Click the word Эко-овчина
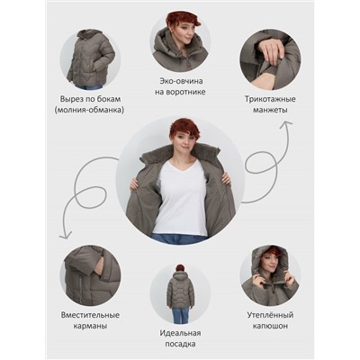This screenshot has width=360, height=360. click(181, 81)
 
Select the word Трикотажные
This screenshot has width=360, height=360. click(270, 99)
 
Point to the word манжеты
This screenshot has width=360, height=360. click(270, 110)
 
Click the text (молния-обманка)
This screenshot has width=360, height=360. click(89, 110)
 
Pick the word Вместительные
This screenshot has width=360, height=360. click(90, 315)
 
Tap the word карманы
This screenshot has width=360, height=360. click(90, 326)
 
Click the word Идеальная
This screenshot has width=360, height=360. click(180, 333)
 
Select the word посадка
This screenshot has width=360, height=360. click(180, 344)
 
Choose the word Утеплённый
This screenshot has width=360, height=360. click(270, 315)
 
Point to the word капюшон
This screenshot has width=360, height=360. click(270, 326)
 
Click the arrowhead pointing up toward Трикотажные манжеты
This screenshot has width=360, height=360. click(285, 123)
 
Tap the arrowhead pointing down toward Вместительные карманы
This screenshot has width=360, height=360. click(65, 236)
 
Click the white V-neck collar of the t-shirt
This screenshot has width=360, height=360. click(181, 166)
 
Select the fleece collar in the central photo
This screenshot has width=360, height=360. click(181, 153)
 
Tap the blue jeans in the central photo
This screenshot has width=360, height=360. click(179, 239)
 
